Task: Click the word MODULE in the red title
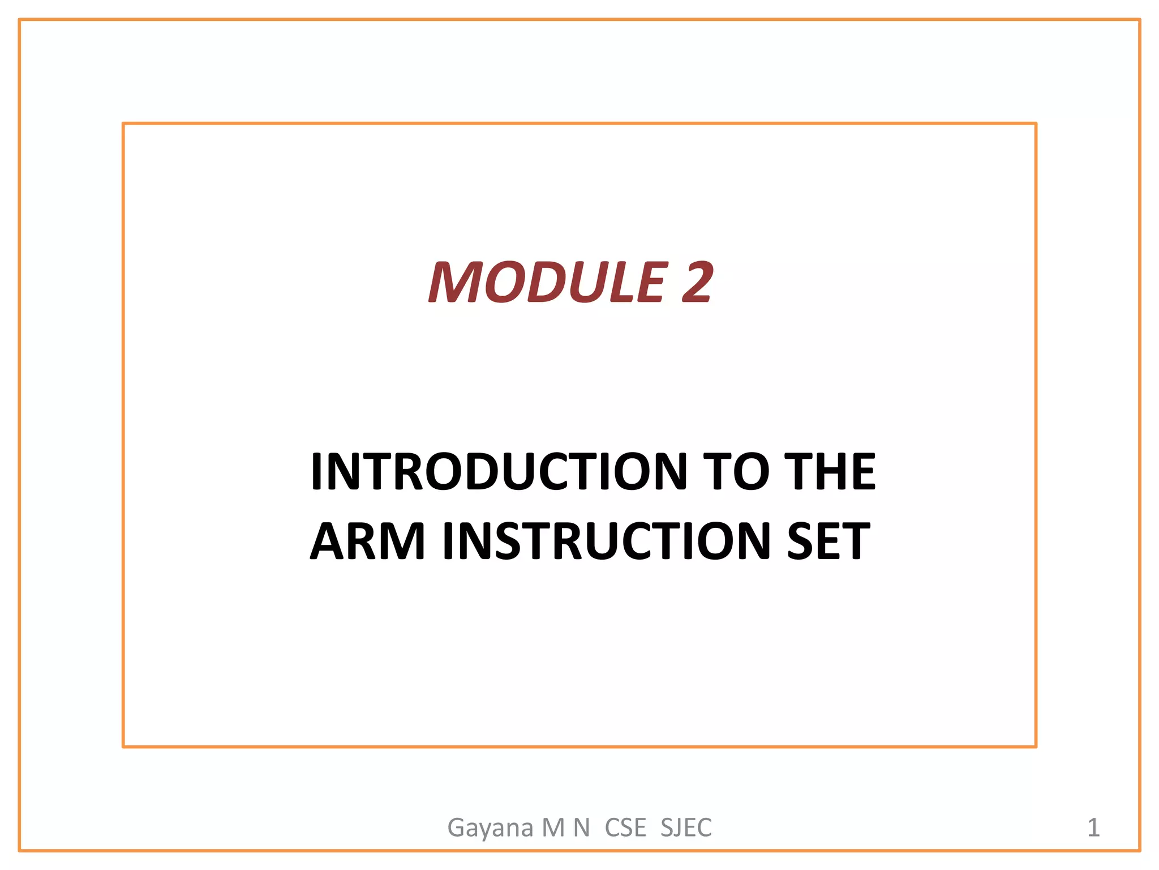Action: coord(547,282)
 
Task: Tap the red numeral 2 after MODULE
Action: coord(697,282)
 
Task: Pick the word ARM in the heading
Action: coord(367,541)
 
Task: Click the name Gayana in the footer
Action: coord(491,828)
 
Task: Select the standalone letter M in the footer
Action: coord(553,828)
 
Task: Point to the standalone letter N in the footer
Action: coord(582,828)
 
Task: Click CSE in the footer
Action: coord(625,828)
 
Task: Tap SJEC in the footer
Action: coord(686,828)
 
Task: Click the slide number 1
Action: coord(1093,828)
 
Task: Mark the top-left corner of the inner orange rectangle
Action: coord(123,123)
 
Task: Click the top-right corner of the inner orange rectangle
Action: coord(1036,123)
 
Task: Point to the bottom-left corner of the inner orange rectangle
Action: coord(123,747)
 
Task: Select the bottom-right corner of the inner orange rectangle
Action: coord(1036,747)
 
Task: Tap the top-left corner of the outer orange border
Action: coord(20,20)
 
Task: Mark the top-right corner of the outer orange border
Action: coord(1139,20)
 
